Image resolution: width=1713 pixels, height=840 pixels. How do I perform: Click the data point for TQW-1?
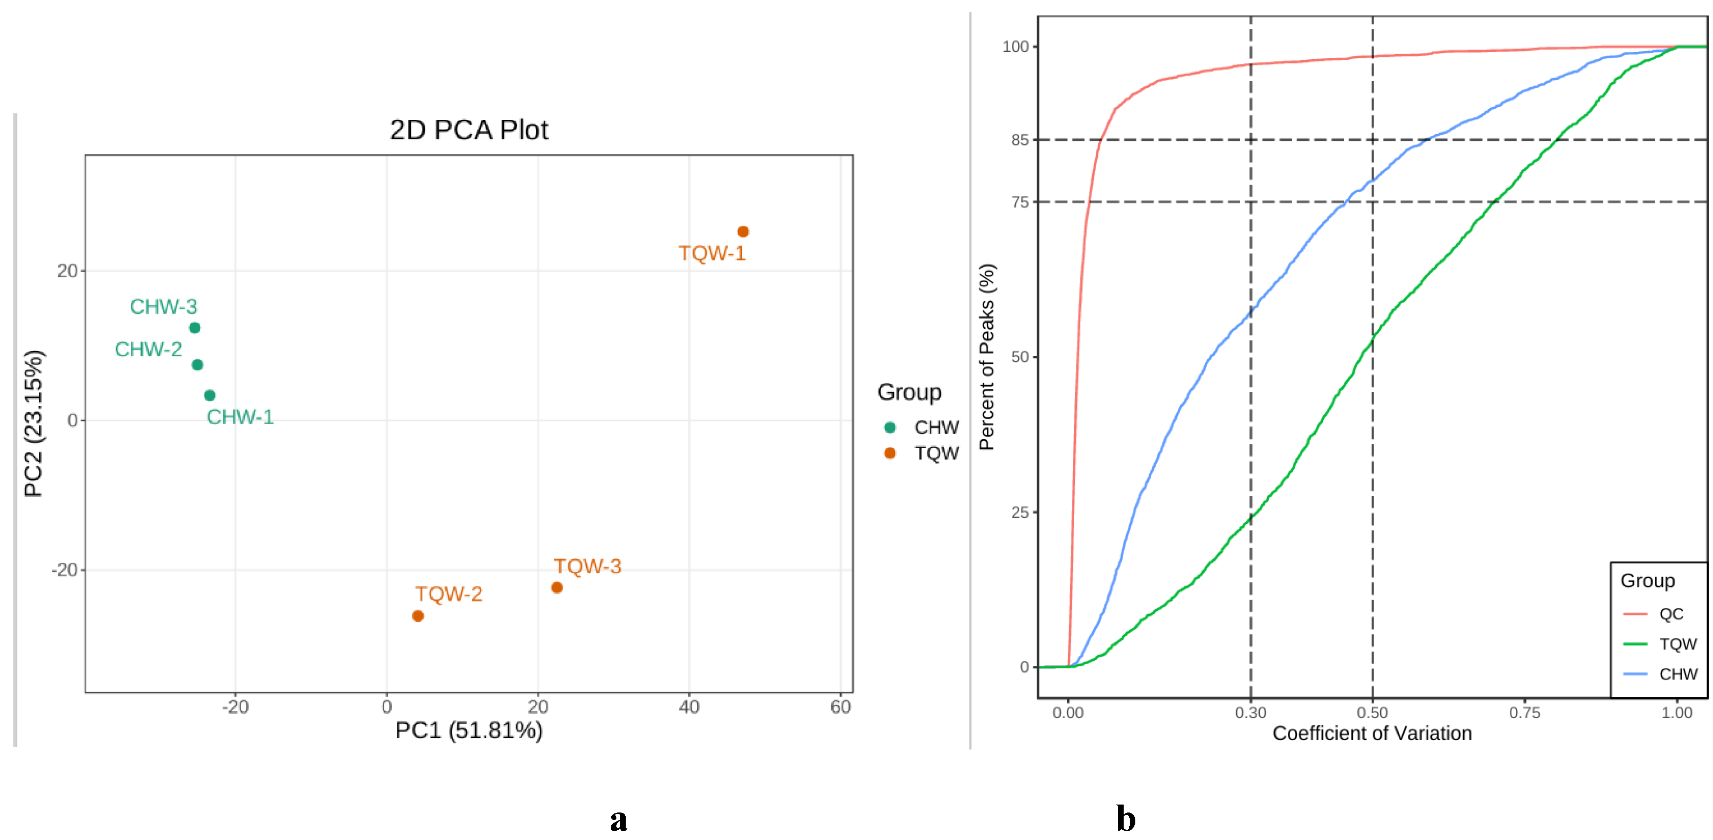743,231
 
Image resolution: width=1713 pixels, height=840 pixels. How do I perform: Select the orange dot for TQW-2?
418,616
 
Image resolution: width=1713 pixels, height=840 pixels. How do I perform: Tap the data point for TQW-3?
557,587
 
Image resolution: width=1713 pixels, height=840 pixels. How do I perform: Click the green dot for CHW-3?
194,327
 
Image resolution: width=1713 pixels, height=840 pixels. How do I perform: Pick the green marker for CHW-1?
209,395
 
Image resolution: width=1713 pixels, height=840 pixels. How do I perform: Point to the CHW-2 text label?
148,349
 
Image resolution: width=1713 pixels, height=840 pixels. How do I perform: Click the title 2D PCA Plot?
469,130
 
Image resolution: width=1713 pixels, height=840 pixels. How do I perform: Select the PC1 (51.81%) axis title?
469,730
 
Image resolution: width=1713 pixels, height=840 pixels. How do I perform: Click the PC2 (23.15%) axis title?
33,423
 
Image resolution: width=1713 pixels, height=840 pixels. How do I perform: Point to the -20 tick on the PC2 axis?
64,570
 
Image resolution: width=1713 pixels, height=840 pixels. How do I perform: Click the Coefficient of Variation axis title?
1372,733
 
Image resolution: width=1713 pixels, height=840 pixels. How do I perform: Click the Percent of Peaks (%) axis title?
988,357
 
